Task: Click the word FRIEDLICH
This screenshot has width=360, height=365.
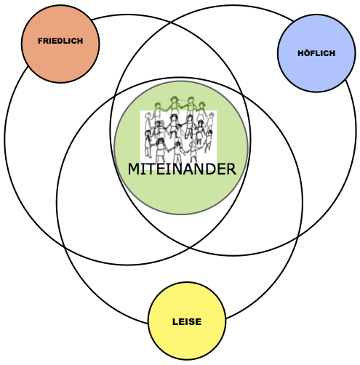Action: point(60,41)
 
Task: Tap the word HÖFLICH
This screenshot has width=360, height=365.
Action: point(316,53)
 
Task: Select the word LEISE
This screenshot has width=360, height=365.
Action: point(187,321)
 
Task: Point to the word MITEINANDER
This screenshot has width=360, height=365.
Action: point(182,169)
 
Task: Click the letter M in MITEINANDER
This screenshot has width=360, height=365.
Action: point(133,169)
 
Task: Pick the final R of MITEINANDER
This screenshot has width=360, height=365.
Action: point(231,169)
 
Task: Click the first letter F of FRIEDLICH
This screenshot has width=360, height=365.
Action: point(41,41)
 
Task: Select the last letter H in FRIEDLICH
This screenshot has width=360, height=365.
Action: point(80,41)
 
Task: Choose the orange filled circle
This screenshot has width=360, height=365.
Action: point(60,44)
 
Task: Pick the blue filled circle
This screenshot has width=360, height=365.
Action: point(316,53)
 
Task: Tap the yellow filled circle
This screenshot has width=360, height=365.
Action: point(187,321)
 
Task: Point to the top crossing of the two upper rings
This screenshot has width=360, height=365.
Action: point(171,23)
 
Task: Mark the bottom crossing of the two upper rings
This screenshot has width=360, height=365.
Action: point(189,248)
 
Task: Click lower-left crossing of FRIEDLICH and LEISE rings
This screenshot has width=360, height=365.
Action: point(65,247)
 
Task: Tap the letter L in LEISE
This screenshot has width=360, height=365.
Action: point(175,321)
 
